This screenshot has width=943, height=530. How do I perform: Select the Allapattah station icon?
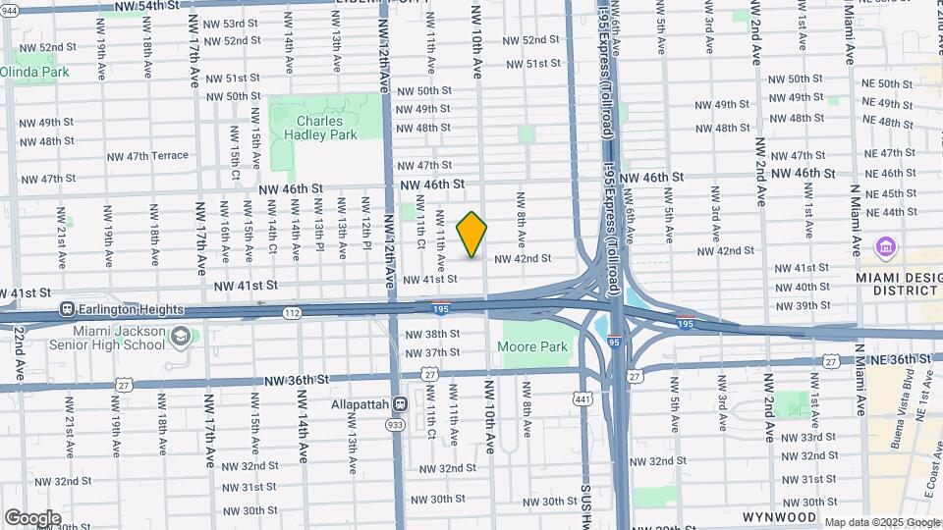400,403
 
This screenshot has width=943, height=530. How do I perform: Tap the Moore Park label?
532,346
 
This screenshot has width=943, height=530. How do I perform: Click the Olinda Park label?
34,72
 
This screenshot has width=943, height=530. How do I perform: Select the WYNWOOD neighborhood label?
779,516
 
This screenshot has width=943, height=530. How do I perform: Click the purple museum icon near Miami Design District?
883,245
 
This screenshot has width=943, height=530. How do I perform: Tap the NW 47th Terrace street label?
147,156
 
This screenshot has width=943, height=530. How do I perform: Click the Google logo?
32,517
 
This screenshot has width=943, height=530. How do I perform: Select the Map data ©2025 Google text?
882,522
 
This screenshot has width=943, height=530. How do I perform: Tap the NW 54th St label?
146,6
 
